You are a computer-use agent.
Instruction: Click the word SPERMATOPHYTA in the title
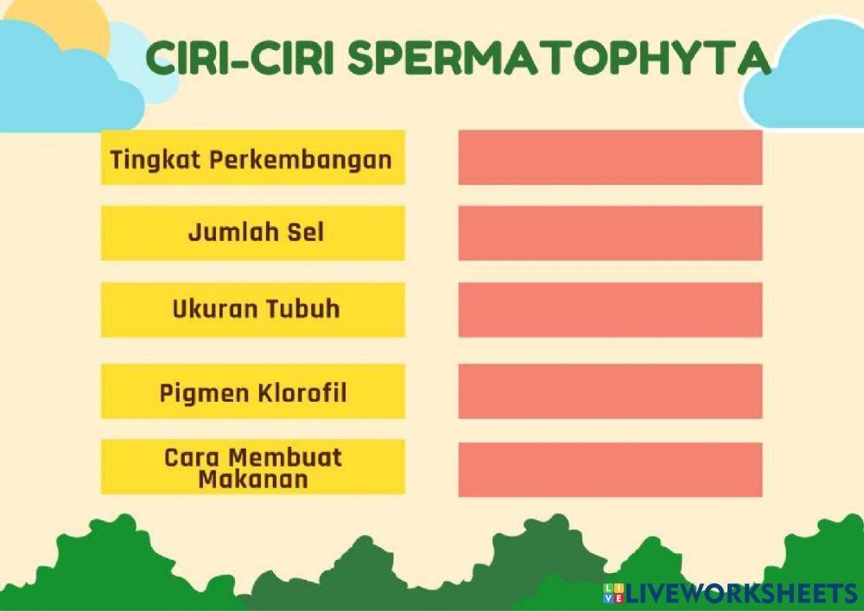coord(560,58)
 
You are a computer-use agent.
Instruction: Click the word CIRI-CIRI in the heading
coord(239,58)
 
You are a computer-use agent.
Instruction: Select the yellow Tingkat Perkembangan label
coord(252,157)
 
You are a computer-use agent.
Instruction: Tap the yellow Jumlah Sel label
coord(252,232)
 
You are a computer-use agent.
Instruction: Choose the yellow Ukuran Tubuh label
coord(252,309)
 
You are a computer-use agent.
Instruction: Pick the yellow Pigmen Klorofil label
coord(252,391)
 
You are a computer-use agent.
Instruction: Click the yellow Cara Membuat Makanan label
coord(252,467)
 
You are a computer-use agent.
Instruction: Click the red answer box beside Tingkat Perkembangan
coord(610,157)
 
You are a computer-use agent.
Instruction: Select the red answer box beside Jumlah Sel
coord(610,232)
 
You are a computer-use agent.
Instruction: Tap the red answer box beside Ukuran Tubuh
coord(610,309)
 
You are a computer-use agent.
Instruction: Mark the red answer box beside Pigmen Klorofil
coord(610,391)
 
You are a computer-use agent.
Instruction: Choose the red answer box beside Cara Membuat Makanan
coord(610,469)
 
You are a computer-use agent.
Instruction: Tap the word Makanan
coord(252,479)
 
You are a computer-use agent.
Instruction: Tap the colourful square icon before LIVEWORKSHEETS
coord(613,592)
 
